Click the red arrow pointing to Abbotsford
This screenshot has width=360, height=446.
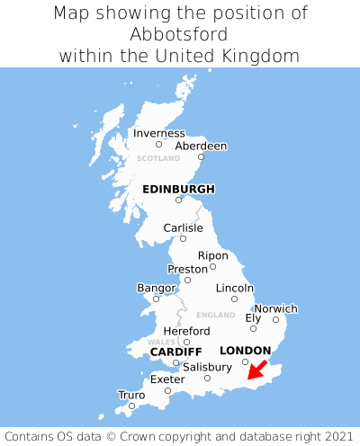pos(257,369)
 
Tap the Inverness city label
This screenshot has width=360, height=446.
pos(158,133)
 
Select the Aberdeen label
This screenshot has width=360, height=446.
pos(201,146)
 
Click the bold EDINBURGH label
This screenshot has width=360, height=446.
pos(178,189)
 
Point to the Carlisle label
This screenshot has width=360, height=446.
pos(183,227)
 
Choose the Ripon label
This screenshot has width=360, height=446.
pos(212,255)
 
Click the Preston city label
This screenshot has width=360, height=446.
pos(187,269)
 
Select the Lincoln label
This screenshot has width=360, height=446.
pos(235,288)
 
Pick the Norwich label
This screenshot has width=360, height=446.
pos(275,308)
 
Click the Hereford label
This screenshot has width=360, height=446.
pos(186,331)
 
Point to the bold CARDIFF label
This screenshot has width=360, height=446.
pos(175,352)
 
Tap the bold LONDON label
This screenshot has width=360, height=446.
pos(245,351)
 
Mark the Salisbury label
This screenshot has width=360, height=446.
pos(207,367)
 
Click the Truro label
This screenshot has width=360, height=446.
pos(131,395)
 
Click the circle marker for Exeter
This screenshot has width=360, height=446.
pos(167,390)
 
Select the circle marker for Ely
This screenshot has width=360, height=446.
pos(253,328)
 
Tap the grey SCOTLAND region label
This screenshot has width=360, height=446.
pos(158,158)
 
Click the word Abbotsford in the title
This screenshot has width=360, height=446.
pos(180,34)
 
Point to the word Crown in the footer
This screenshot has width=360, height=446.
pos(174,433)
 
